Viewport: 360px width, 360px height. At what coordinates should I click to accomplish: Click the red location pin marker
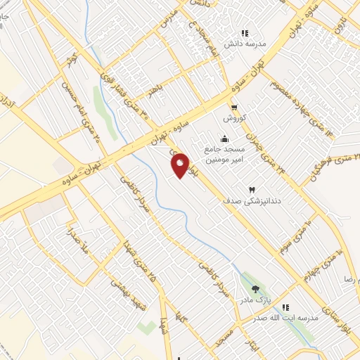(x=181, y=165)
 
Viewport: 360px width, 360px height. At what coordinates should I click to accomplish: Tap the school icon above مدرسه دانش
(x=244, y=33)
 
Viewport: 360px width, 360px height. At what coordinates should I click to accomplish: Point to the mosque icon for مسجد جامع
(x=224, y=137)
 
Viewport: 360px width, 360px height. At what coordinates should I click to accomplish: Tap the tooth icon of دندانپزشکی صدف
(x=251, y=190)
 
